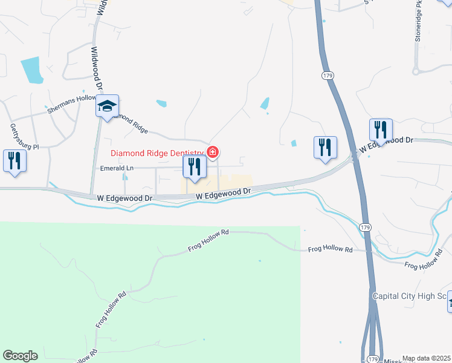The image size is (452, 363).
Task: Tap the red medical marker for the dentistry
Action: click(x=212, y=152)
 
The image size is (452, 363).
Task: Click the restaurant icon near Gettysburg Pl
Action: click(x=13, y=160)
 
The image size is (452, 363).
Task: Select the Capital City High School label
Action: click(x=409, y=296)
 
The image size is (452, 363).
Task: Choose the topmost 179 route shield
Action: click(x=327, y=75)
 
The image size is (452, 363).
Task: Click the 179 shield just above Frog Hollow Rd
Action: click(x=364, y=226)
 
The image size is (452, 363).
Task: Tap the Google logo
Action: click(x=20, y=356)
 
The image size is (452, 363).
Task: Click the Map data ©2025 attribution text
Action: click(x=426, y=358)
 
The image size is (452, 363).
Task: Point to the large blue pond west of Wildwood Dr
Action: click(x=31, y=70)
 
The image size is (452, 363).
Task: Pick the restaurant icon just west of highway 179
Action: click(x=325, y=146)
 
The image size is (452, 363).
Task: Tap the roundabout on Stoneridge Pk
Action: click(x=416, y=71)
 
